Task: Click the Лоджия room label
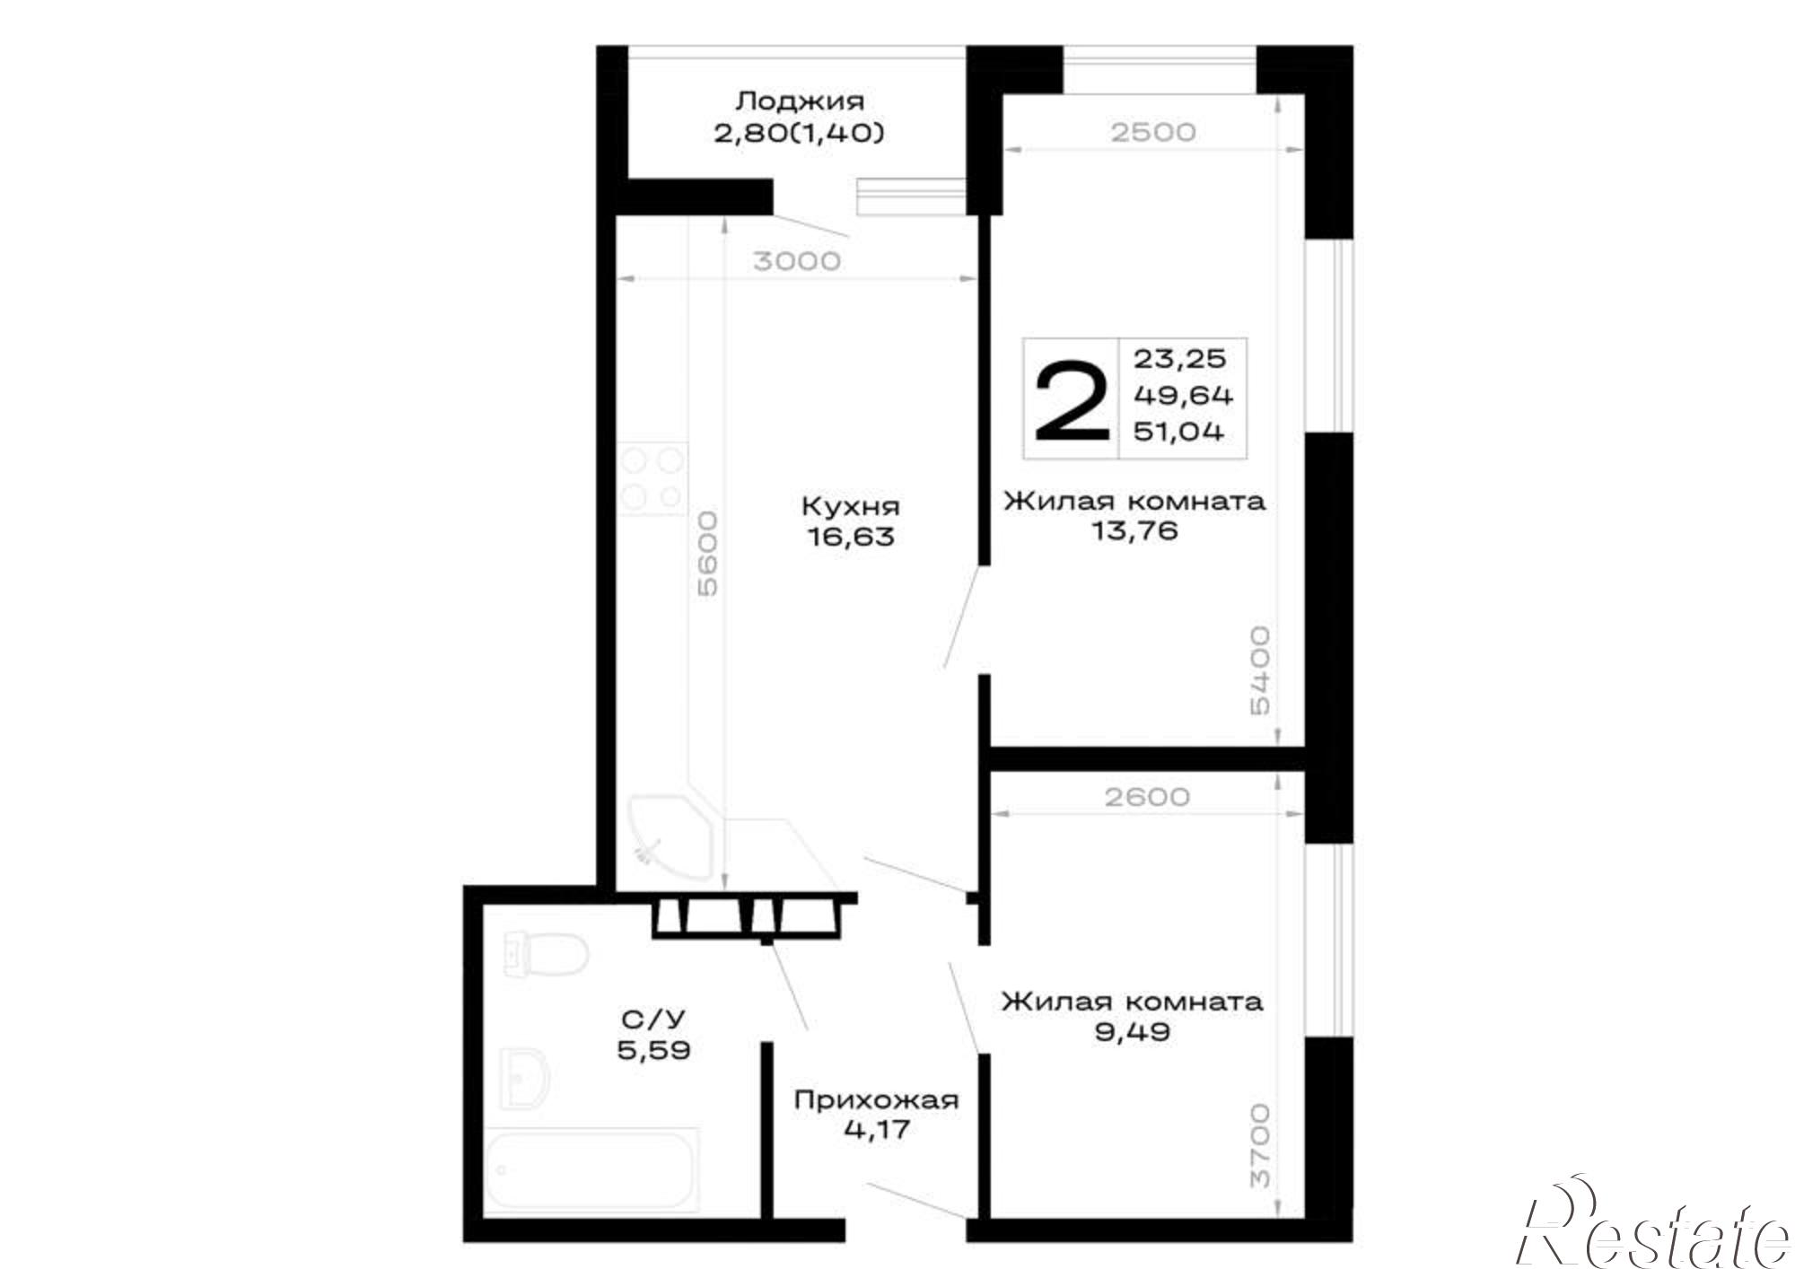click(x=799, y=101)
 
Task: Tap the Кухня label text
click(x=850, y=506)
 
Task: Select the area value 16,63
click(x=851, y=537)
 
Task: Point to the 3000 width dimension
click(x=797, y=261)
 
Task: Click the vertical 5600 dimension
click(x=708, y=554)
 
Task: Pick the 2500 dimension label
click(x=1153, y=132)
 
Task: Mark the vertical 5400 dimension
click(x=1260, y=670)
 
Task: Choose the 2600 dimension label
click(x=1147, y=797)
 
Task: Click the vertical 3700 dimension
click(x=1260, y=1145)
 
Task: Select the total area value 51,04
click(x=1178, y=432)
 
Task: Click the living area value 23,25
click(x=1179, y=359)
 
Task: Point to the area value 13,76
click(x=1134, y=531)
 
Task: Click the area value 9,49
click(x=1133, y=1031)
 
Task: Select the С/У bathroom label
click(x=653, y=1020)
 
